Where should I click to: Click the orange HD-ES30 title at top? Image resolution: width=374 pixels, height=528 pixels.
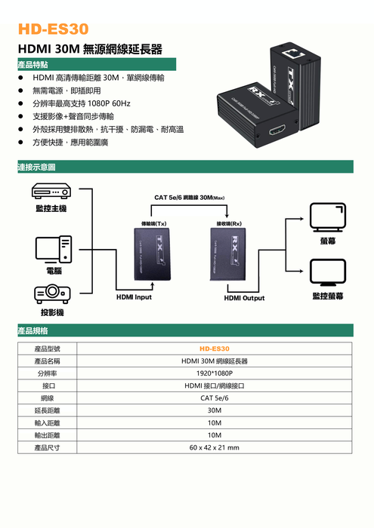coord(54,29)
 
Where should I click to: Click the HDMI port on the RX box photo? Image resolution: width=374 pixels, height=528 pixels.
coord(277,129)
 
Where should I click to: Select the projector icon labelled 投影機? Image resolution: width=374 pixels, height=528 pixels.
coord(52,293)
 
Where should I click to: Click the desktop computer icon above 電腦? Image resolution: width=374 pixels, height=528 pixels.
coord(54,250)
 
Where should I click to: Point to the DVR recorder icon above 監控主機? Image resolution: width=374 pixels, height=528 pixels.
coord(51,191)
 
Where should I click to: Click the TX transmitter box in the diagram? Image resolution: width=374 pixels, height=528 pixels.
coord(152,254)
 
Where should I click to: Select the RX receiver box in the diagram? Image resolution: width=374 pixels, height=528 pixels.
coord(228,254)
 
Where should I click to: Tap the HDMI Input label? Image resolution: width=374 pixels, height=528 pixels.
coord(134,297)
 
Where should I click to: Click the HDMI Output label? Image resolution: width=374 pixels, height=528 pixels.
coord(244,298)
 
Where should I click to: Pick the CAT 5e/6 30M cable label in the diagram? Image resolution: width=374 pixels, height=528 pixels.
coord(189,198)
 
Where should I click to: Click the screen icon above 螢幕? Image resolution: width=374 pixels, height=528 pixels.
coord(328,217)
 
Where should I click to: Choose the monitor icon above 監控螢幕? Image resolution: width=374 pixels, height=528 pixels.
coord(328,272)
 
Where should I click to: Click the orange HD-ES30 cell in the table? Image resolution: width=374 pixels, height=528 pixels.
coord(214,348)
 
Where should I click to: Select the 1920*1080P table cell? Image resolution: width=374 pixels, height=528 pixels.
coord(214,373)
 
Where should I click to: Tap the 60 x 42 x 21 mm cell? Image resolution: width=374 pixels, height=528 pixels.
coord(214,447)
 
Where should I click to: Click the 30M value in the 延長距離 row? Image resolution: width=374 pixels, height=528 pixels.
coord(214,410)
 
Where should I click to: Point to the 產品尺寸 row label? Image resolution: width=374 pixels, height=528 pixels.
coord(47,447)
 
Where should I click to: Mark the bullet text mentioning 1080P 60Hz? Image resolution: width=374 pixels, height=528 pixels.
coord(82,103)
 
